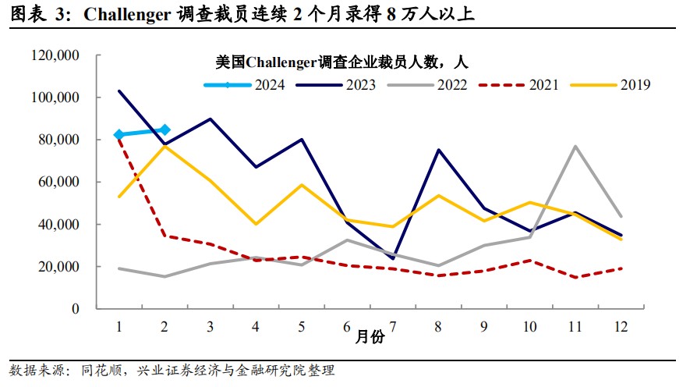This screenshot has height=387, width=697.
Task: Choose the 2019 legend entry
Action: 635,85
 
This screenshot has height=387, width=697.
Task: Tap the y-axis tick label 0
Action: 76,309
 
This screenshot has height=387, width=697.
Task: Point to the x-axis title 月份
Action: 370,338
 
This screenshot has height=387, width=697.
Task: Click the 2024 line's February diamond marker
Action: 165,130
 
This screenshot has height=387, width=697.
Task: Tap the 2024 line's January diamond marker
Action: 119,135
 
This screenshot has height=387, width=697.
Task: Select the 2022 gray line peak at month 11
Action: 575,146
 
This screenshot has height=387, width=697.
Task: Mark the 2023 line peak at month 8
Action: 439,150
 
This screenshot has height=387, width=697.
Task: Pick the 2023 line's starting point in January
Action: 119,91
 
